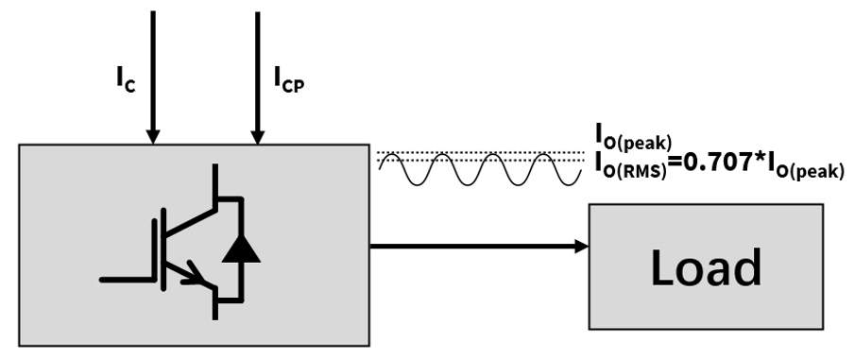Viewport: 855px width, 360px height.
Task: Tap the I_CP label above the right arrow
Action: (x=289, y=82)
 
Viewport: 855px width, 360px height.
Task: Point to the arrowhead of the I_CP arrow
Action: (x=255, y=137)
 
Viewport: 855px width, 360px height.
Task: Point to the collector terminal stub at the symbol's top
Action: (x=215, y=180)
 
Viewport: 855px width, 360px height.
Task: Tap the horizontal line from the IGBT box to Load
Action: (x=472, y=248)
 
